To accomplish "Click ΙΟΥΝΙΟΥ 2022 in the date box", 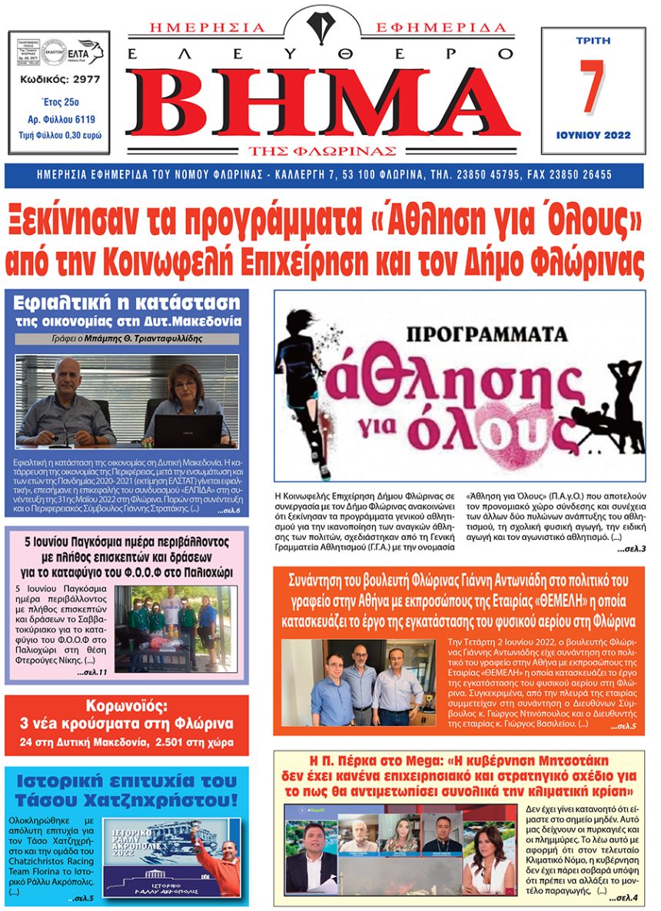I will point(593,135).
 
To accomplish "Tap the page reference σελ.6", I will point(229,510).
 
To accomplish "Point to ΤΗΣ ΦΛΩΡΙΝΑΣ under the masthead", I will point(321,149).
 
